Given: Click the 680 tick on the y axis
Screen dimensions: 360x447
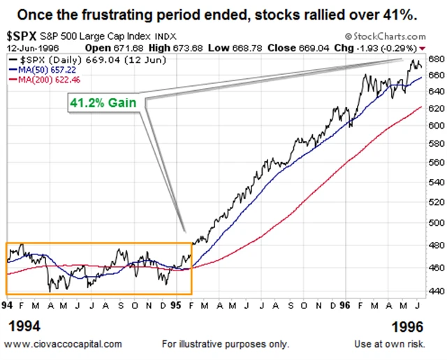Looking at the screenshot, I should tap(435, 58).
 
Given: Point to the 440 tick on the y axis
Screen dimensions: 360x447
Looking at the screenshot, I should tap(435, 291).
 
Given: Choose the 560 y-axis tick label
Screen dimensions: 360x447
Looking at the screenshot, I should tap(435, 161).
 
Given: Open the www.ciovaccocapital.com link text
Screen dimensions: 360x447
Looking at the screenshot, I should tap(64, 344).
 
